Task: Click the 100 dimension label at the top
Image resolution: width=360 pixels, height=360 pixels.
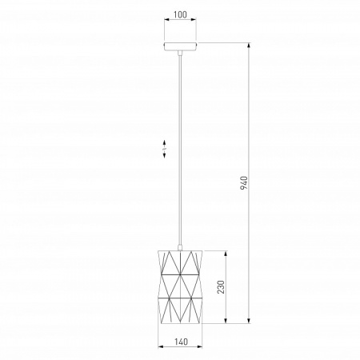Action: point(180,14)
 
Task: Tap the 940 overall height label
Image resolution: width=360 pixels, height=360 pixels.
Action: point(244,182)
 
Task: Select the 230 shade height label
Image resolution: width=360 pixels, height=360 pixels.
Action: point(221,287)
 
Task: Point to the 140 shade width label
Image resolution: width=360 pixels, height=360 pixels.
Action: point(182,342)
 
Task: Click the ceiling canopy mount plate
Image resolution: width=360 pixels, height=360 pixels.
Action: point(180,46)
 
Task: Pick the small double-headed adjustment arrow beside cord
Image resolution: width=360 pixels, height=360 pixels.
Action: point(165,149)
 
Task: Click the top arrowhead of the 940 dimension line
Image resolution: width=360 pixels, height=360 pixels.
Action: point(249,46)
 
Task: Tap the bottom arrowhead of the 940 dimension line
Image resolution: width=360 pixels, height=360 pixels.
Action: point(249,321)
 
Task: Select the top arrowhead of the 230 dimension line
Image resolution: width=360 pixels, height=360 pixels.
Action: point(226,254)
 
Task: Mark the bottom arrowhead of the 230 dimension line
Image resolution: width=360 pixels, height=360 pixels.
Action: point(226,321)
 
